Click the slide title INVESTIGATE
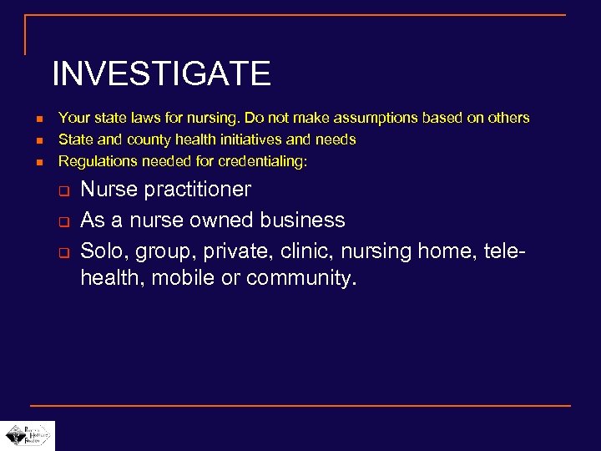(x=161, y=74)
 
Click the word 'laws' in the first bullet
(x=144, y=118)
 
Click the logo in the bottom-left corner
(x=28, y=435)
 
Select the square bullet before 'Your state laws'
(x=29, y=119)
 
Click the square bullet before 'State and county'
(x=29, y=140)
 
